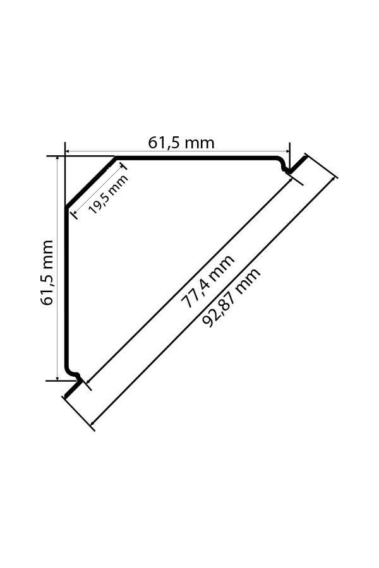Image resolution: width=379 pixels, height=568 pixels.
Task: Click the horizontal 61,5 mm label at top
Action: pyautogui.click(x=181, y=143)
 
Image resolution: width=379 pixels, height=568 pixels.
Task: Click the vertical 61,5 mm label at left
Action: pyautogui.click(x=47, y=273)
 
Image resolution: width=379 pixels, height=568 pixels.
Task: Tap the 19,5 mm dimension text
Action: pyautogui.click(x=108, y=194)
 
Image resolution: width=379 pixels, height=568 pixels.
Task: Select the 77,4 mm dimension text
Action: pyautogui.click(x=207, y=282)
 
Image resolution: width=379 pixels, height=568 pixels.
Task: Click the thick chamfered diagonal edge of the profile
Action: pyautogui.click(x=90, y=182)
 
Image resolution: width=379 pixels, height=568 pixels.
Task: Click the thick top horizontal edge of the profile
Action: pyautogui.click(x=196, y=157)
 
